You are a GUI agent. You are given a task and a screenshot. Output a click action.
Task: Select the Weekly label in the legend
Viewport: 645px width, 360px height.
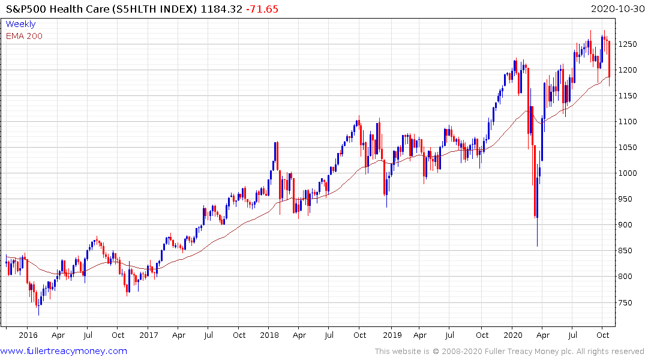(20, 24)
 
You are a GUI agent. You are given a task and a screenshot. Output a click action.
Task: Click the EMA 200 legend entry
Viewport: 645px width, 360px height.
(24, 36)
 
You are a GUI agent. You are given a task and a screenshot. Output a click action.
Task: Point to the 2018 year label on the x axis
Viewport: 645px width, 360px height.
(269, 335)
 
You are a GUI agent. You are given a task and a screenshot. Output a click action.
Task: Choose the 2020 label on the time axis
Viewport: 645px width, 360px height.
(513, 335)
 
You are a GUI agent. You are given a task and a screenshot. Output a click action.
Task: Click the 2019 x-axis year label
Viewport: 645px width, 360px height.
(392, 335)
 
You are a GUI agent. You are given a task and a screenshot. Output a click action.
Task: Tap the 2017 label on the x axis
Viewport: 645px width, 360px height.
(148, 335)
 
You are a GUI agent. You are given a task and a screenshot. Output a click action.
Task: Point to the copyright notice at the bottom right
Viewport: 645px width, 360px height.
(509, 351)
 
